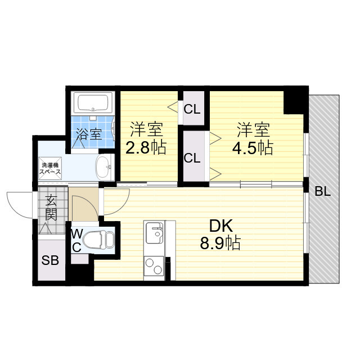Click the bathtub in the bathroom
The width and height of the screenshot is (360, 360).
[x=93, y=102]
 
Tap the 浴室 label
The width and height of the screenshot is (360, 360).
[x=89, y=134]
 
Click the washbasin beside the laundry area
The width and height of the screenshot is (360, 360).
[x=105, y=166]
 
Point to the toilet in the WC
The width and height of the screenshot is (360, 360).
[x=98, y=240]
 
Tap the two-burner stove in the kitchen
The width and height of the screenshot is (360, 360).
[x=154, y=266]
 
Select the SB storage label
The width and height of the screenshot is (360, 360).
[x=50, y=260]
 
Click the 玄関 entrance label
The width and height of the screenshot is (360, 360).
[x=51, y=208]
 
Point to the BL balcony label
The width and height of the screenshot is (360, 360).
[x=322, y=191]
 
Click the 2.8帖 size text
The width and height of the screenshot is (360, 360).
[x=146, y=147]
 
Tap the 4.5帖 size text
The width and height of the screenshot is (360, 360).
[x=253, y=147]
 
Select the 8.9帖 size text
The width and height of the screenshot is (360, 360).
[x=220, y=243]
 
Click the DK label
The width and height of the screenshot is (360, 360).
[x=221, y=226]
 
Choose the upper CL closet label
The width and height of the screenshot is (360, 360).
[x=192, y=110]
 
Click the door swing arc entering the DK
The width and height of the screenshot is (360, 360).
[x=123, y=205]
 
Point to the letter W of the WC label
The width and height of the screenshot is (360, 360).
[x=76, y=235]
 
